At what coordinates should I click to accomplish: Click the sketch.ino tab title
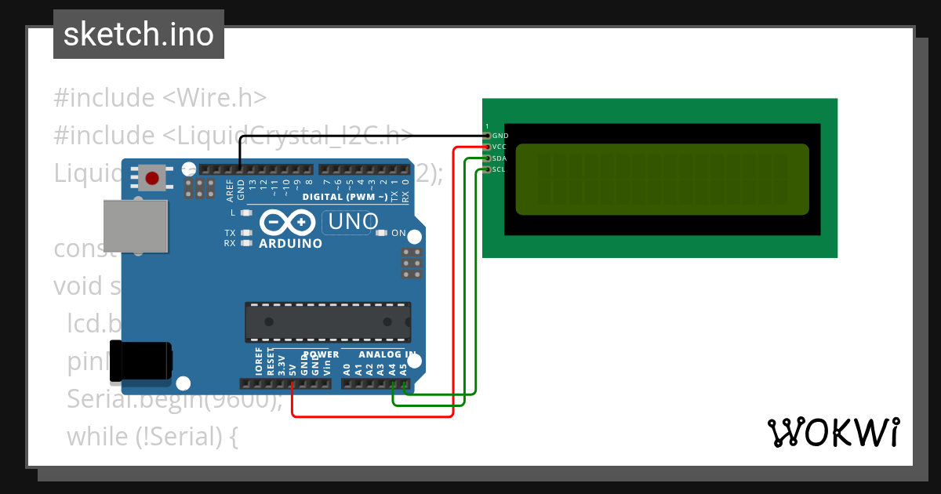139,35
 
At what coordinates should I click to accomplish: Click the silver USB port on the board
136,226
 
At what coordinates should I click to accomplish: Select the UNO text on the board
353,222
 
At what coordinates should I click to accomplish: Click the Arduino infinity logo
290,223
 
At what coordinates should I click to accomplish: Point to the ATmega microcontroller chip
327,322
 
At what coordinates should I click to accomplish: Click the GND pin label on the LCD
500,136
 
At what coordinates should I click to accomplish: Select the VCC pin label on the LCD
500,147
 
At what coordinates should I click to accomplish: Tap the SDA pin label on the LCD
500,158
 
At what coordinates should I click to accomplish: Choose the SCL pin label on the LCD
500,169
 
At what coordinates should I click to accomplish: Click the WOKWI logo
833,432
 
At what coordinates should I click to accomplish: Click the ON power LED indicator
382,233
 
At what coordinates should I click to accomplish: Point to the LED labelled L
246,212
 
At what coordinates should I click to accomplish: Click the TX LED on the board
246,233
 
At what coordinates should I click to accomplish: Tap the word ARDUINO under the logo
290,244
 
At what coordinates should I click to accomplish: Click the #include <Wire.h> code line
160,98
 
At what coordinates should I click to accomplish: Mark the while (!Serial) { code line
152,436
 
